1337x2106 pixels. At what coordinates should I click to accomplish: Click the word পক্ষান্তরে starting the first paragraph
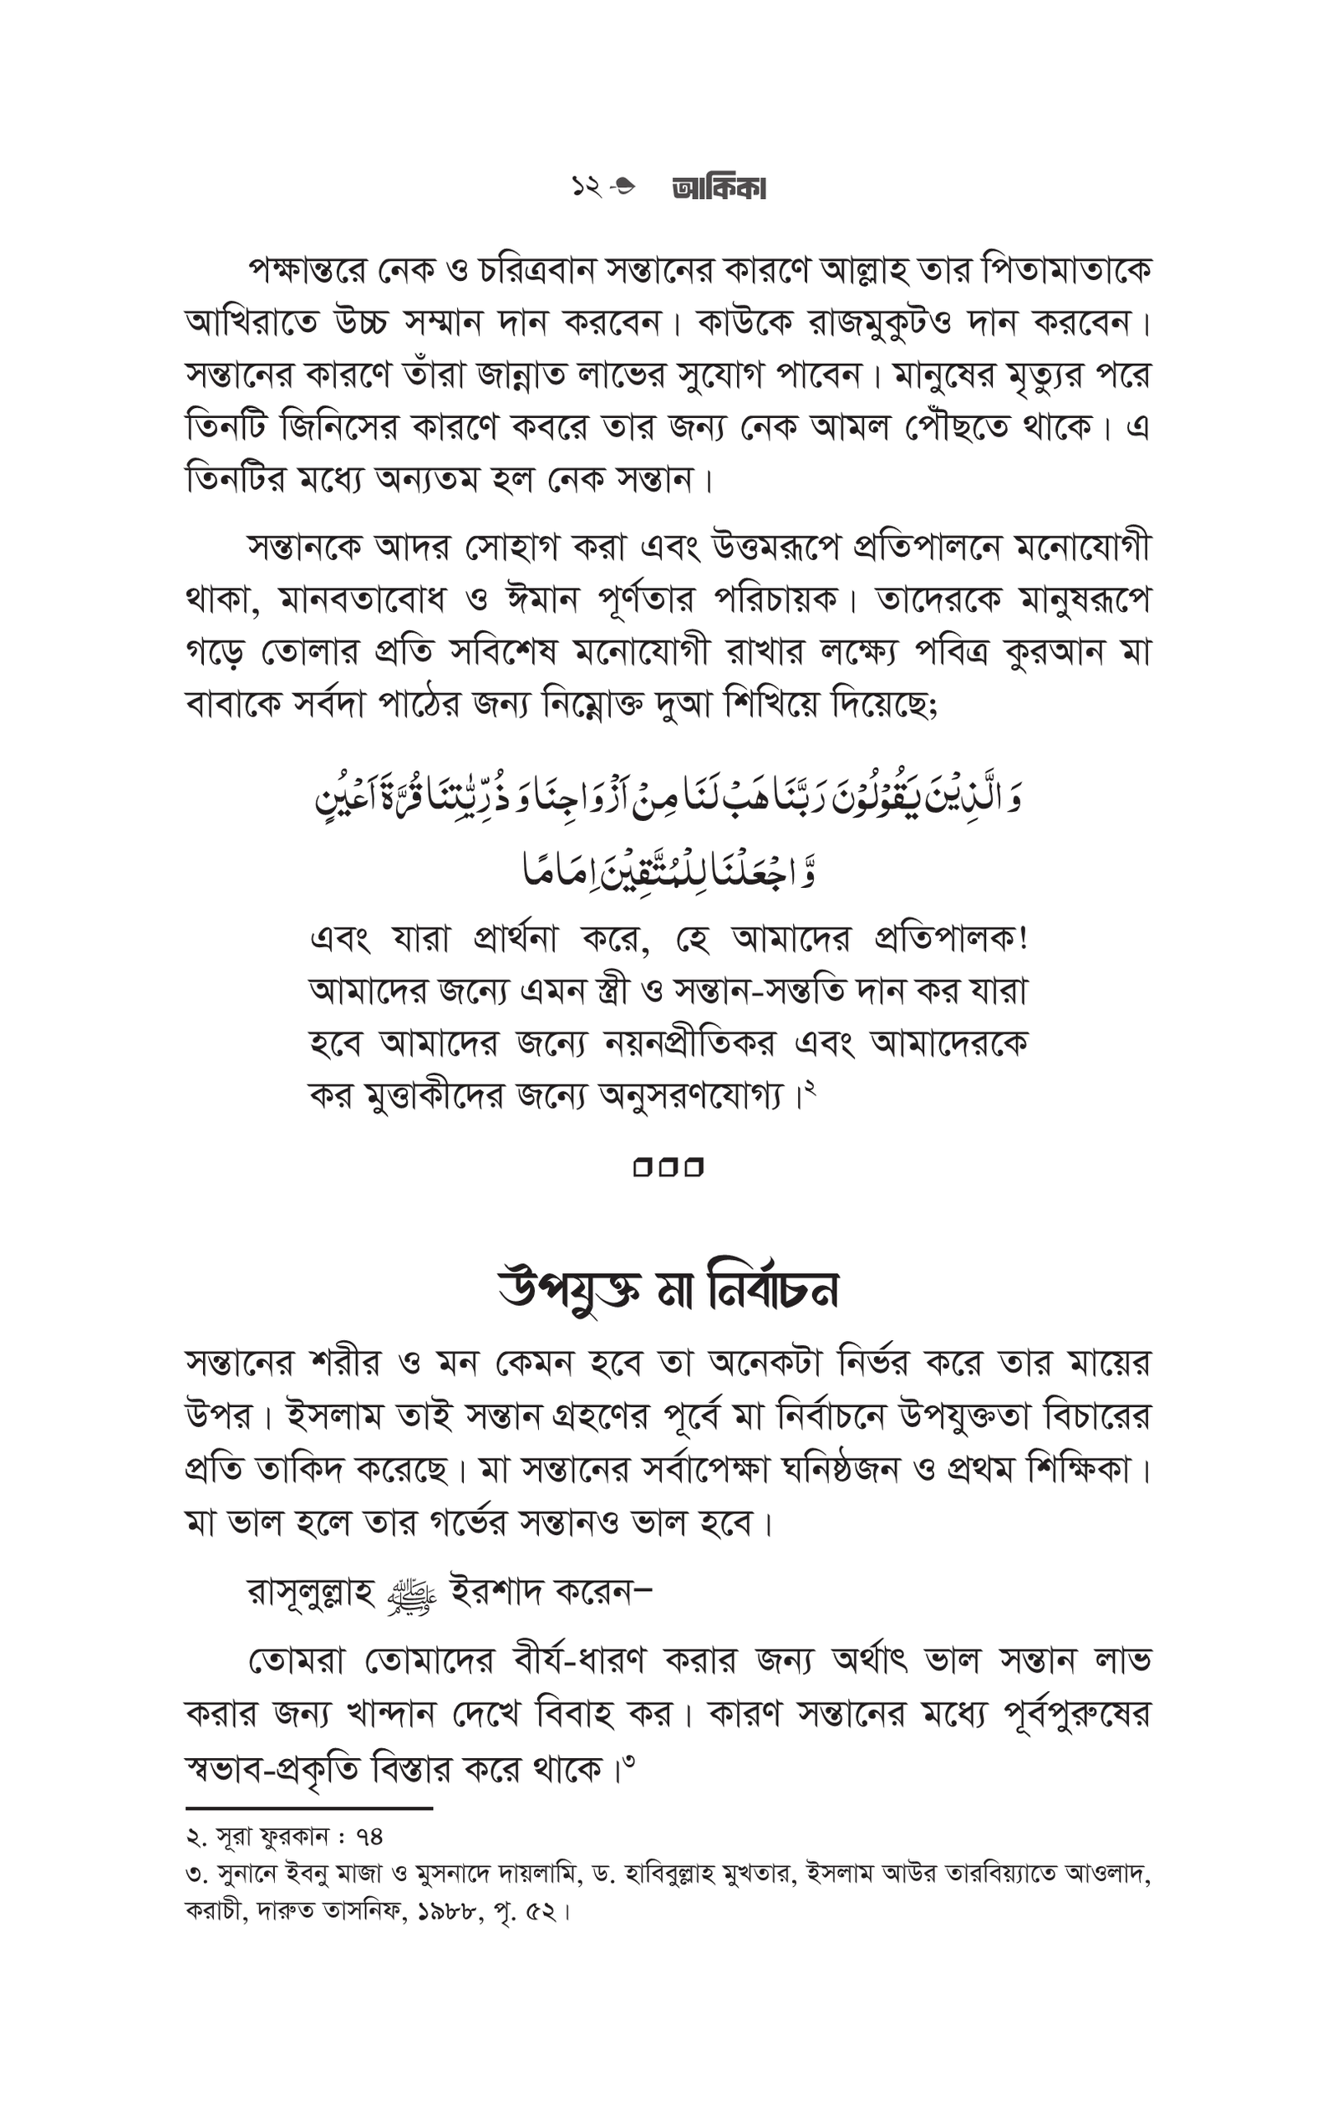pos(305,270)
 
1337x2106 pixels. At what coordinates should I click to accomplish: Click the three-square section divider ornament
pos(668,1168)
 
